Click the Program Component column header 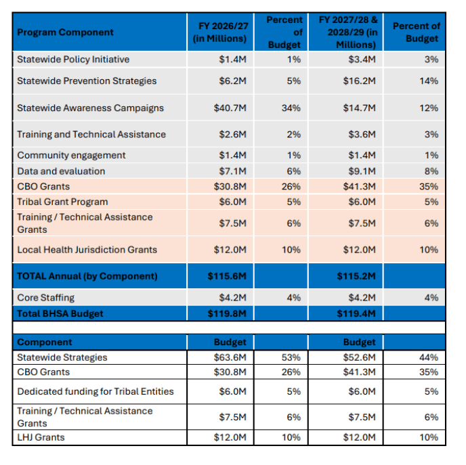coord(66,32)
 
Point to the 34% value coord(293,108)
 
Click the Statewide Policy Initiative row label coord(73,60)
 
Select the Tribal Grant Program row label coord(62,202)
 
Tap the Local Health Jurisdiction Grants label coord(87,250)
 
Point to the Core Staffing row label coord(46,298)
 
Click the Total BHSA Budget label coord(60,313)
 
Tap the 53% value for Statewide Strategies coord(293,357)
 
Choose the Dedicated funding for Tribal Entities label coord(96,391)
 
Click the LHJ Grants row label coord(41,437)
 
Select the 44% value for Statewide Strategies coord(431,357)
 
